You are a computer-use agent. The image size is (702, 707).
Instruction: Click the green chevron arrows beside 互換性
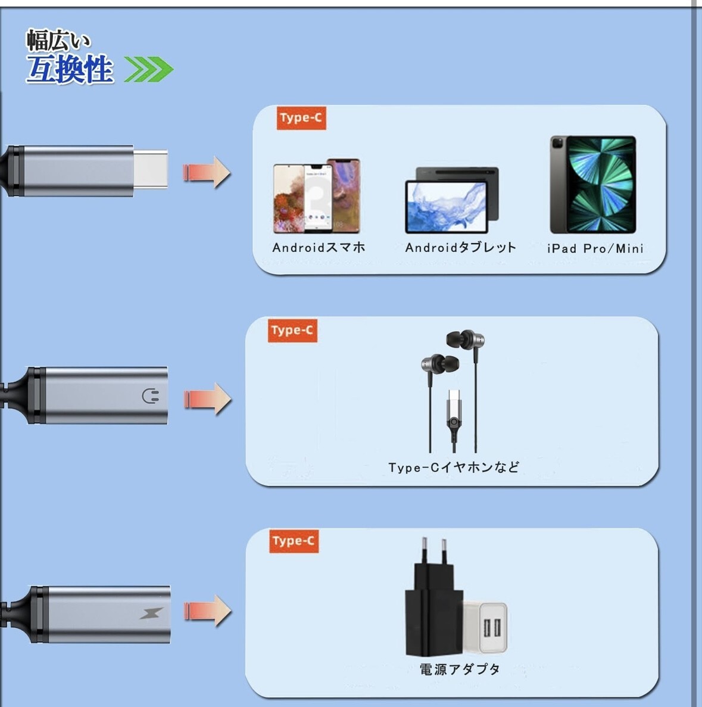click(x=148, y=70)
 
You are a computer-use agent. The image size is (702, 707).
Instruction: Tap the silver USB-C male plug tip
click(x=150, y=170)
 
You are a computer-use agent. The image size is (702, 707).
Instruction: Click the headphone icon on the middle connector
click(x=151, y=396)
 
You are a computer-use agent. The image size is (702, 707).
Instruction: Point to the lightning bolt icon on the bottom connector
click(x=151, y=613)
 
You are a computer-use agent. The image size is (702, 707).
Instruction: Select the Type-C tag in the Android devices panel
click(x=301, y=118)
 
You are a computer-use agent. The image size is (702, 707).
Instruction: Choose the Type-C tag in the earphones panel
click(x=292, y=330)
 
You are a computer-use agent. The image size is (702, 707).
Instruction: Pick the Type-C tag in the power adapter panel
click(x=294, y=541)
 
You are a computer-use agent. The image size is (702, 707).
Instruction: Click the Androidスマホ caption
click(x=319, y=248)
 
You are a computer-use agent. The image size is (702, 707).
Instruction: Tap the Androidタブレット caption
click(x=460, y=248)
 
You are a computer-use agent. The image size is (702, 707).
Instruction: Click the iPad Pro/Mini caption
click(x=595, y=248)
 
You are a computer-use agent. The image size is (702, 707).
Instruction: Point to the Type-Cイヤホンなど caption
click(x=454, y=468)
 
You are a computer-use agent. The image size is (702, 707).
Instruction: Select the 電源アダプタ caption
click(x=460, y=669)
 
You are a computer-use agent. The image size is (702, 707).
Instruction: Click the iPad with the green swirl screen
click(x=593, y=185)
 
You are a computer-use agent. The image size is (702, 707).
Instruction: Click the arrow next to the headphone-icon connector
click(x=207, y=398)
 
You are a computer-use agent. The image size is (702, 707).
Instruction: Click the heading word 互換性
click(x=70, y=70)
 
